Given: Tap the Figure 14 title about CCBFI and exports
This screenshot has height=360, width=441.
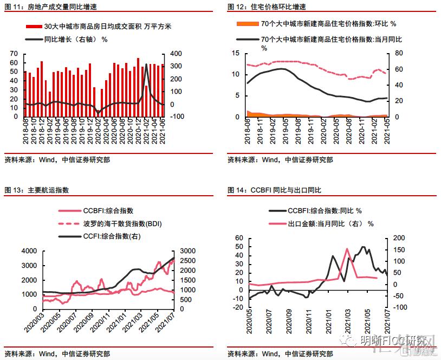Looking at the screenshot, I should click(274, 190).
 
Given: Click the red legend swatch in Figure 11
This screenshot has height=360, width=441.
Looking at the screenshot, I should click(34, 26).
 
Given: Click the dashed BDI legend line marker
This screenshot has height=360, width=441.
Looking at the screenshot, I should click(69, 223).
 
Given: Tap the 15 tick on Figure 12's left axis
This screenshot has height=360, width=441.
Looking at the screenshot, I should click(236, 53).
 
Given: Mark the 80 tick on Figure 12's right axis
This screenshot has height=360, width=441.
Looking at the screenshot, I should click(399, 53).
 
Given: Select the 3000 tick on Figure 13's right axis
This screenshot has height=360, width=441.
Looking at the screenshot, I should click(185, 251).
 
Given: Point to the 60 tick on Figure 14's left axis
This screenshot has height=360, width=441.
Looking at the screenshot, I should click(239, 238).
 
